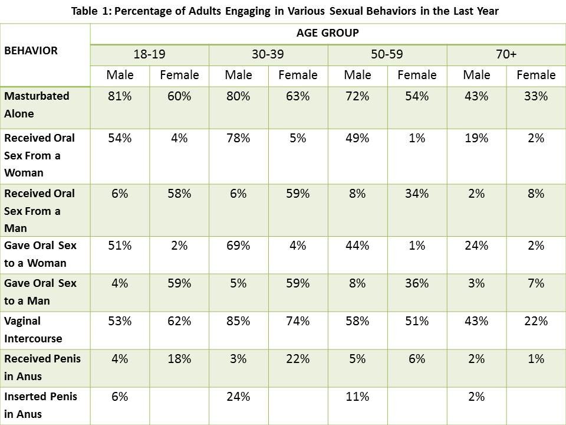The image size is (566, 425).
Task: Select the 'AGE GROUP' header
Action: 328,33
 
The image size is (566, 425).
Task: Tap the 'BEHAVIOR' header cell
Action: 31,51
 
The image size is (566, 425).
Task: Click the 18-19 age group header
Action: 149,54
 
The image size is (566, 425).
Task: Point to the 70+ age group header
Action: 506,54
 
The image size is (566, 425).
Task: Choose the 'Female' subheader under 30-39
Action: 298,75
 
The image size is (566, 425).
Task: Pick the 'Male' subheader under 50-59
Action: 358,75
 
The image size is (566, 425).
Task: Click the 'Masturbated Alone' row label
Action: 37,104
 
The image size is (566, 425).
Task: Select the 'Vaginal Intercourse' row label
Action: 33,330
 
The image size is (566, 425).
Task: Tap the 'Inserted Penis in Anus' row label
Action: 40,405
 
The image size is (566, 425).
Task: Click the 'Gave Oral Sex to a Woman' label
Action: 40,254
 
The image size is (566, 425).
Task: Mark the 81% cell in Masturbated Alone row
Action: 120,96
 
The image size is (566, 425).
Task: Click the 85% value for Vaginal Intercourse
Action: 238,322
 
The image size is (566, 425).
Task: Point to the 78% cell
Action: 238,139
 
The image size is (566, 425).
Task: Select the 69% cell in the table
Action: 238,246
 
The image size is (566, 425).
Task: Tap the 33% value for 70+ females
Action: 535,96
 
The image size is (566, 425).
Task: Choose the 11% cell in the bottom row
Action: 357,397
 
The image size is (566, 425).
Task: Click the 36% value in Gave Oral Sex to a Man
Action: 417,283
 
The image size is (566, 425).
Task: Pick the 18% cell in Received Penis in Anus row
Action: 179,359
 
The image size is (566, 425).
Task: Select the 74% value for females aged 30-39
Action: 298,322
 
